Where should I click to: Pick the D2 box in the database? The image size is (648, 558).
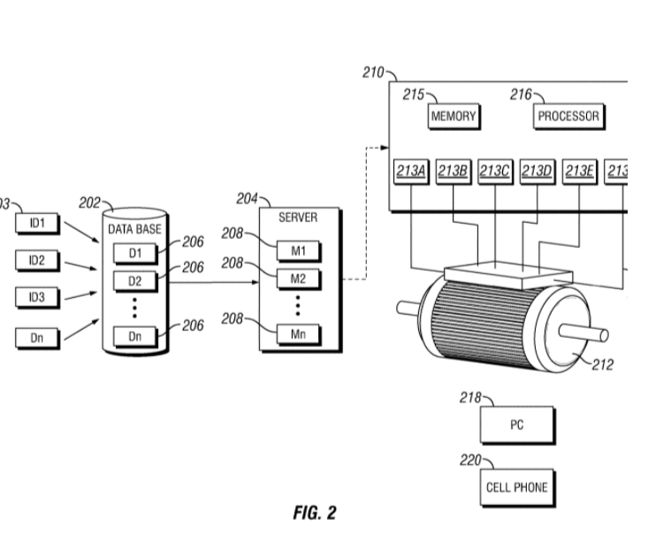tap(134, 281)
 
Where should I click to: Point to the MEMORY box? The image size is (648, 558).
tap(454, 116)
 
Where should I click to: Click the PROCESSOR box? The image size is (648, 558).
tap(568, 116)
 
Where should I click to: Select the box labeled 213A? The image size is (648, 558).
tap(410, 170)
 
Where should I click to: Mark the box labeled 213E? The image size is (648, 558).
tap(580, 170)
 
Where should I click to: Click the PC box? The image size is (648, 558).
tap(517, 425)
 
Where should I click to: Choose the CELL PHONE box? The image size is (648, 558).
tap(517, 486)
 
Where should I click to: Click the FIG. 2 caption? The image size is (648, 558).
tap(314, 513)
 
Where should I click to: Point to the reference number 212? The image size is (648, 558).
tap(603, 362)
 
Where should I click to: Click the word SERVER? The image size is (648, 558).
tap(297, 218)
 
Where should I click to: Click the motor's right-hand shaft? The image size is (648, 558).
tap(591, 333)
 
